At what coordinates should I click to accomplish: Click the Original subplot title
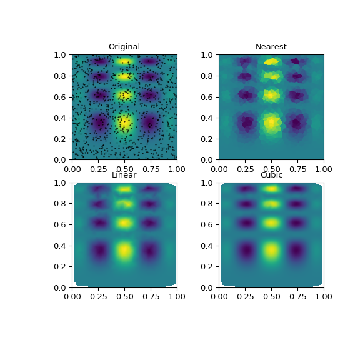click(124, 47)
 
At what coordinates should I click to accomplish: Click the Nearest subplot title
click(271, 47)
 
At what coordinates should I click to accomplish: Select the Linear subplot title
click(124, 175)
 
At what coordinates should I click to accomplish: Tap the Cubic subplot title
click(271, 175)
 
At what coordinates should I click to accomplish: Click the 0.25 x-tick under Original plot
click(98, 168)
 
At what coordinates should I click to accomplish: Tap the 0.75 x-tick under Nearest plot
click(297, 168)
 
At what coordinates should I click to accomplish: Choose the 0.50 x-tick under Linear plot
click(124, 296)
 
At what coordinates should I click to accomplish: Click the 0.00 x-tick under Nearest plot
click(219, 168)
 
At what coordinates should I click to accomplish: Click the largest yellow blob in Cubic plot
click(271, 251)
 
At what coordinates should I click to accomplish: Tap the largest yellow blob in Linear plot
click(124, 251)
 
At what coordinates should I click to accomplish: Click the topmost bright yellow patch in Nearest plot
click(271, 61)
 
